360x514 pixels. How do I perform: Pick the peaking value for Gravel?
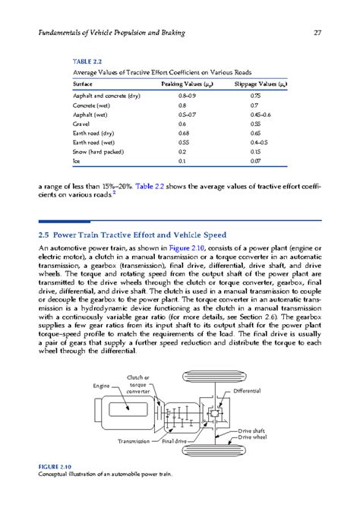pyautogui.click(x=182, y=123)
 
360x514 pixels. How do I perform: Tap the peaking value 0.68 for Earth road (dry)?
pyautogui.click(x=185, y=133)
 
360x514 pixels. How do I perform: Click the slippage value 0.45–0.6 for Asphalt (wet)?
pyautogui.click(x=261, y=113)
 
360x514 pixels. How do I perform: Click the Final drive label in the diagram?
pyautogui.click(x=174, y=441)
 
